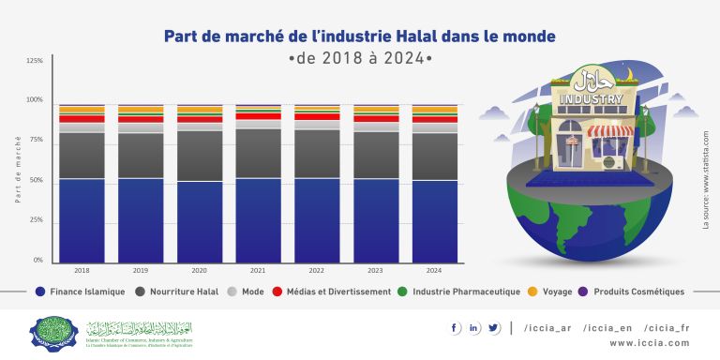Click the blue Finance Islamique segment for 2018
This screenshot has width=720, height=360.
[82, 220]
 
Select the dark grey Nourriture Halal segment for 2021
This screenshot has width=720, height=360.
[258, 153]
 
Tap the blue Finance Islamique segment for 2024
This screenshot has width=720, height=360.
[434, 221]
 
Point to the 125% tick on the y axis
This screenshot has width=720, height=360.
[35, 60]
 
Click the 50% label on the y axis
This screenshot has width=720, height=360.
[35, 180]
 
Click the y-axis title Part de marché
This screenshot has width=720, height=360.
[18, 169]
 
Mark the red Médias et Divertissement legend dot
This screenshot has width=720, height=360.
[277, 292]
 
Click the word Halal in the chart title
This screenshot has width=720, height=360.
[398, 37]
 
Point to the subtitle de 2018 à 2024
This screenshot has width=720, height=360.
[360, 58]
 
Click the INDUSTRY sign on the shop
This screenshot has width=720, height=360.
[591, 98]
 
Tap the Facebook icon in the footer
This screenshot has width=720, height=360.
[456, 327]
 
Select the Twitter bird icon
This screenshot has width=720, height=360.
[493, 327]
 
